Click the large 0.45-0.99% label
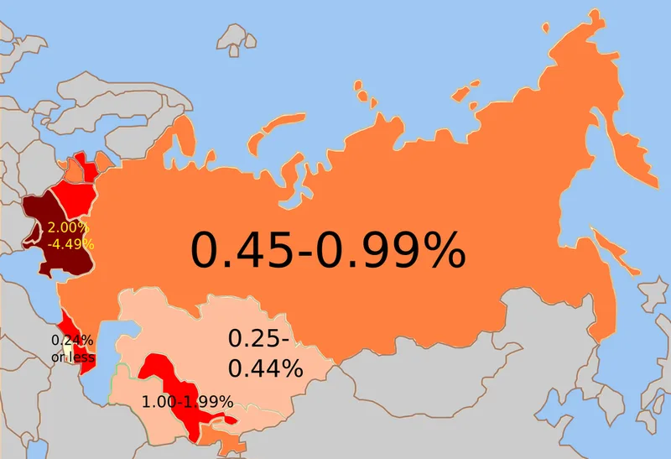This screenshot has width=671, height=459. [328, 249]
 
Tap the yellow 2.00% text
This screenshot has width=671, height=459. [67, 228]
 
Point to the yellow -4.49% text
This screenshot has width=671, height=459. [70, 243]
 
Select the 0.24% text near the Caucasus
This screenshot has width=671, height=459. [72, 341]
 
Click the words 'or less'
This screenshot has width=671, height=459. [72, 357]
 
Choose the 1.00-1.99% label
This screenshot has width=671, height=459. [187, 402]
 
